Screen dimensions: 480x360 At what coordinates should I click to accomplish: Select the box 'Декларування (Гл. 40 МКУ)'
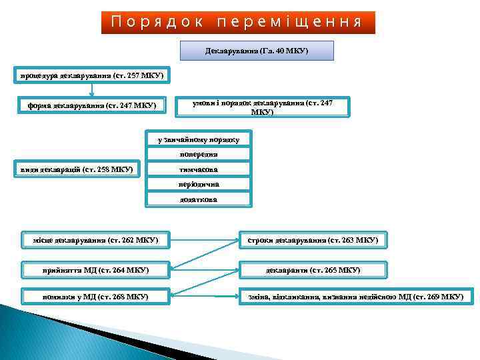(257, 51)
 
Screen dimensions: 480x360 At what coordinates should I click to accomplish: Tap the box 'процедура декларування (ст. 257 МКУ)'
(91, 74)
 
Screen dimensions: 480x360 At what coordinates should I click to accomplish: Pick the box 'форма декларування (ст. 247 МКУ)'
(91, 105)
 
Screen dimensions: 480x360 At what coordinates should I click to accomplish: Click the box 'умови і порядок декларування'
(262, 107)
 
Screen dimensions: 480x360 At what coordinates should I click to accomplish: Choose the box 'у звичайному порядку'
(198, 140)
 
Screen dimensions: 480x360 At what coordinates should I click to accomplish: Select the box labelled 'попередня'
(198, 155)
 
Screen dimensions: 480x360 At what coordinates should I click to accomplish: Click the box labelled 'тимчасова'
(198, 169)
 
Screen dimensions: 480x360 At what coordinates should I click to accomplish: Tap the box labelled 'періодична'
(198, 184)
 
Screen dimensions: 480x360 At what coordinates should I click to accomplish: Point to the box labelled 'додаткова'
(198, 199)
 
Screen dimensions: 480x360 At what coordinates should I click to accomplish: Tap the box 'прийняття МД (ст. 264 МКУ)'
(95, 270)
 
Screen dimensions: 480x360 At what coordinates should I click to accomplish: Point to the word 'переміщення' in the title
(289, 22)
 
